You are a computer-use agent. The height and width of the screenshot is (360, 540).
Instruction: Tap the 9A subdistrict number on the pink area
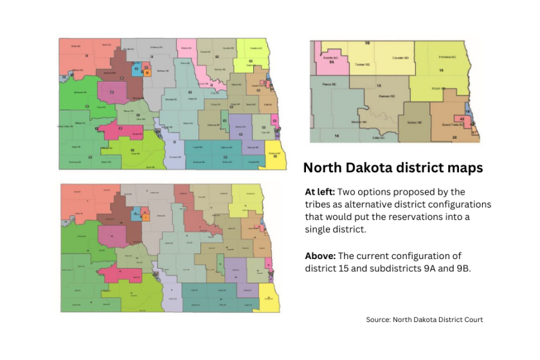coord(332,62)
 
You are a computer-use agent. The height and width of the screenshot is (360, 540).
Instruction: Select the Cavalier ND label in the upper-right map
coord(401,59)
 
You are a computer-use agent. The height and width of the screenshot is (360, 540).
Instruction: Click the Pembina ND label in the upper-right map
coord(443,57)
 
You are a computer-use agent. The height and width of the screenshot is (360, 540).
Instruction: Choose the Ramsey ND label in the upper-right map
coord(386,96)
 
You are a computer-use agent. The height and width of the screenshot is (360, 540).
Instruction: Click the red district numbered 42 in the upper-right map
coord(463,119)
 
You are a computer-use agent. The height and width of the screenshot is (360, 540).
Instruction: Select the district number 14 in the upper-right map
coord(336,136)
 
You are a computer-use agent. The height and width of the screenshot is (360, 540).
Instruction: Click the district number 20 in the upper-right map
coord(455,137)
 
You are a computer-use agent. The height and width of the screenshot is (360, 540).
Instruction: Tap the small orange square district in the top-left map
coord(147,73)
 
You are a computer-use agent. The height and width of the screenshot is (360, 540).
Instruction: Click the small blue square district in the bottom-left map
coord(136,215)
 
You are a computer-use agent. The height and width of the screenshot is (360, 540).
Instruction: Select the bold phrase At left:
coord(319,192)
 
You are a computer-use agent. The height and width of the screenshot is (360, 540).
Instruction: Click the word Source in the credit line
coord(379,319)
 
